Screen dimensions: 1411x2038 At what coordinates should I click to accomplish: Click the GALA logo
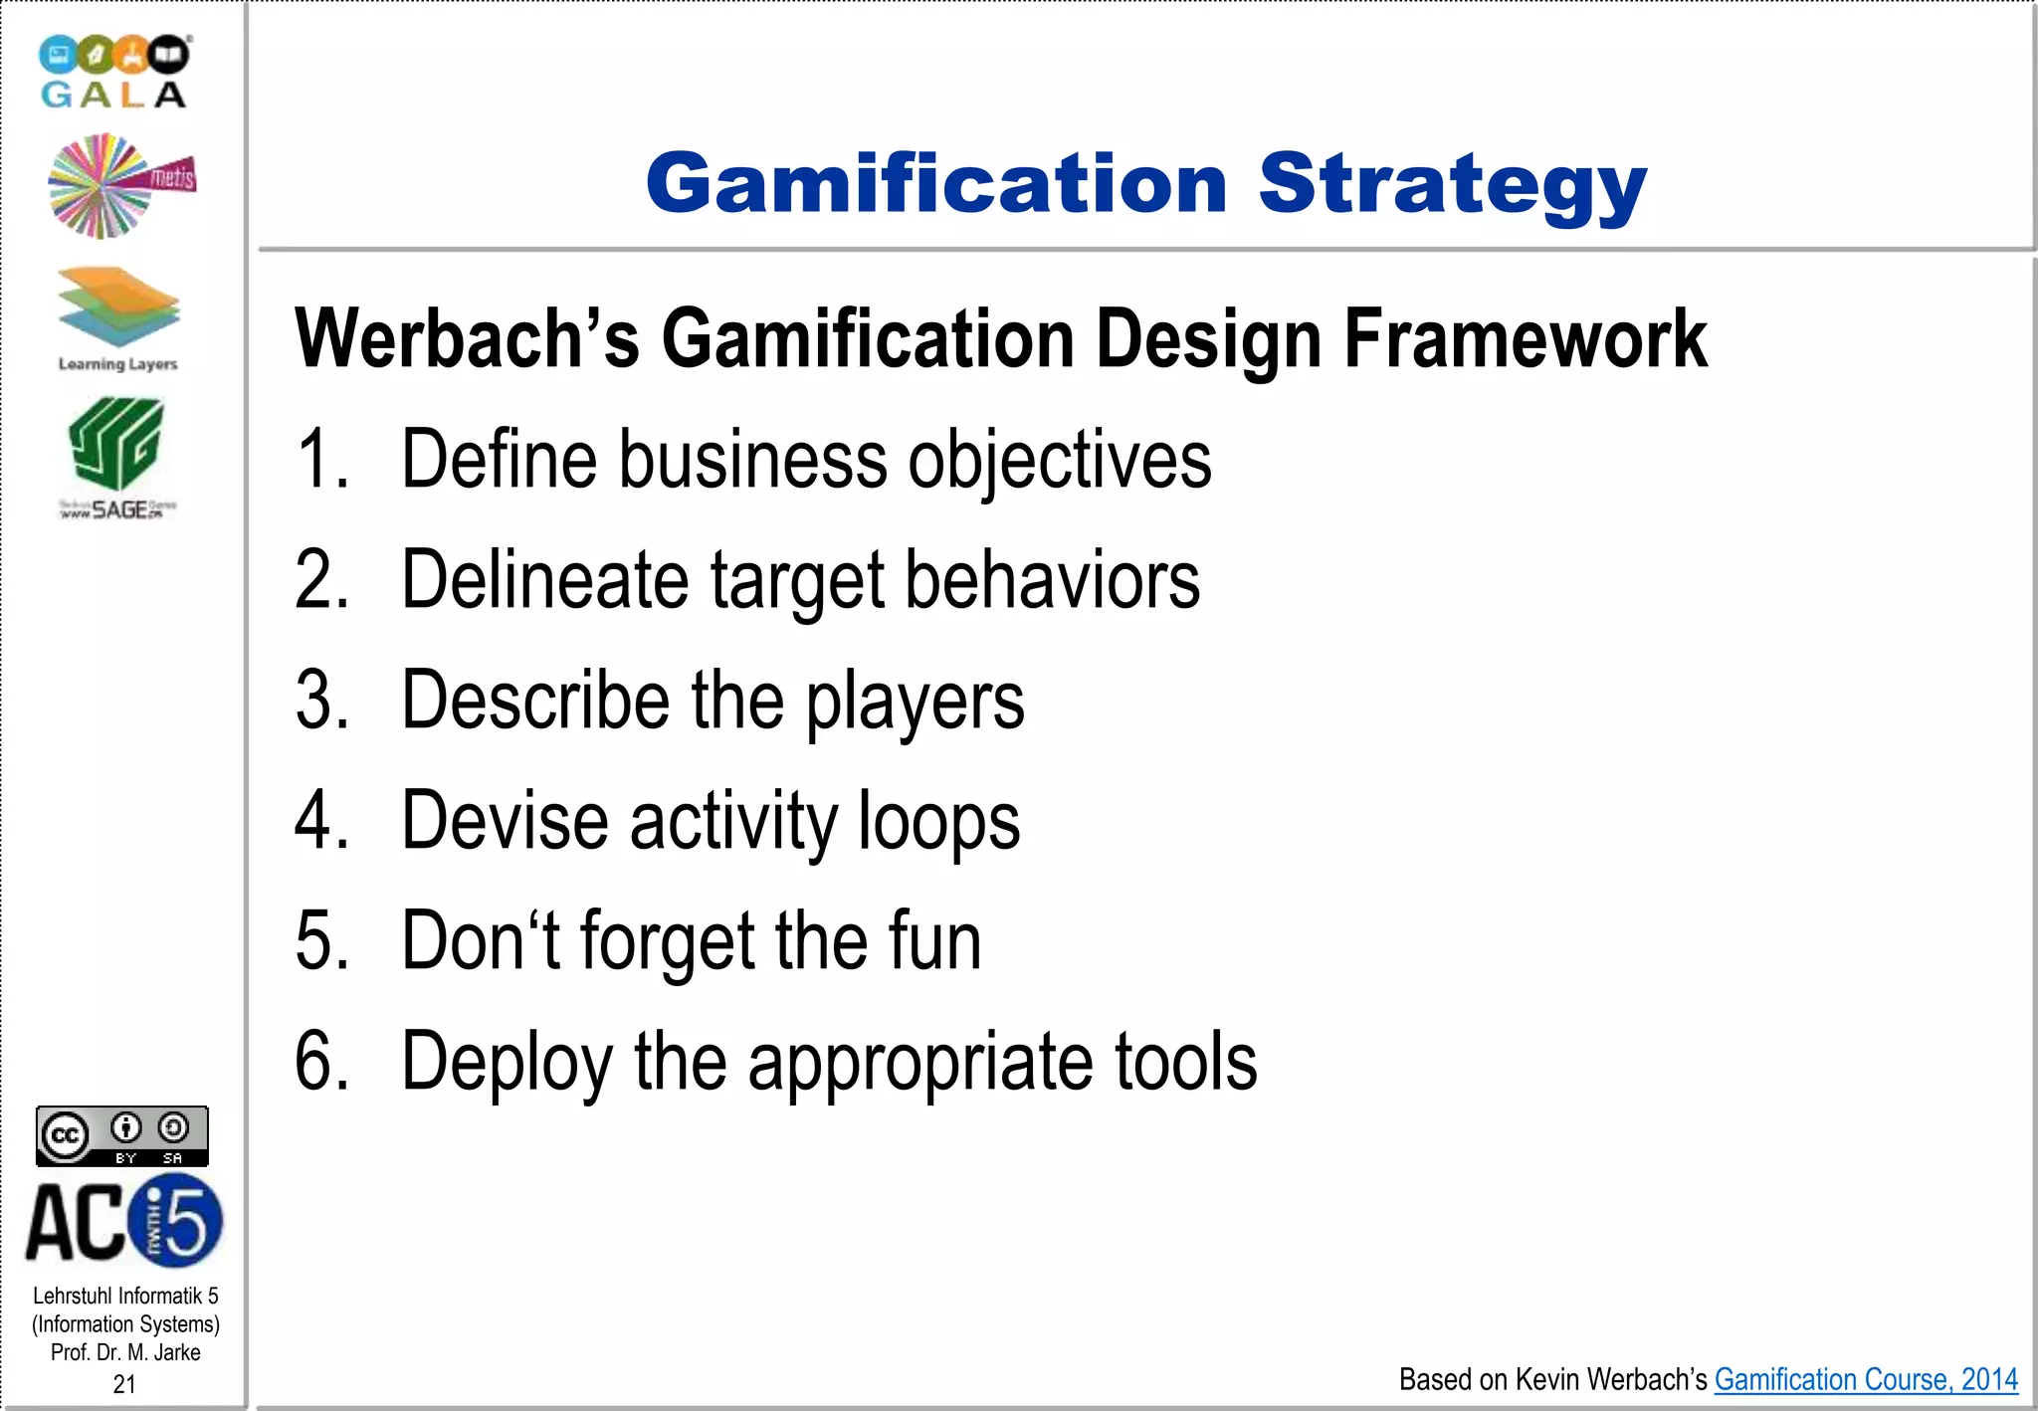tap(114, 72)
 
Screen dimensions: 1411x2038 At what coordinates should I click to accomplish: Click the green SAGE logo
tap(116, 456)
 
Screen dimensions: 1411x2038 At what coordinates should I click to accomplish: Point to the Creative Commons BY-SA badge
tap(122, 1135)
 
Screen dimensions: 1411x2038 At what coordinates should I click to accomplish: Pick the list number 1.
tap(320, 460)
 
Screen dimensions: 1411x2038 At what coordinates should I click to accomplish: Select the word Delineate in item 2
tap(544, 580)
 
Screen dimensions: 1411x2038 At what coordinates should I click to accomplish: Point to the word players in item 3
tap(915, 703)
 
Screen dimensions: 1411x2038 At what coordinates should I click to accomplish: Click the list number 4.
tap(320, 822)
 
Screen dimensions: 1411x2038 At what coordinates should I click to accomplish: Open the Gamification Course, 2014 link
tap(1866, 1379)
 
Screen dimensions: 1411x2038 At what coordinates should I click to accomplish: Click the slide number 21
tap(124, 1384)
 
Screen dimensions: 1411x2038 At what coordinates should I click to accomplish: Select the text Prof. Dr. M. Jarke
tap(125, 1352)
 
